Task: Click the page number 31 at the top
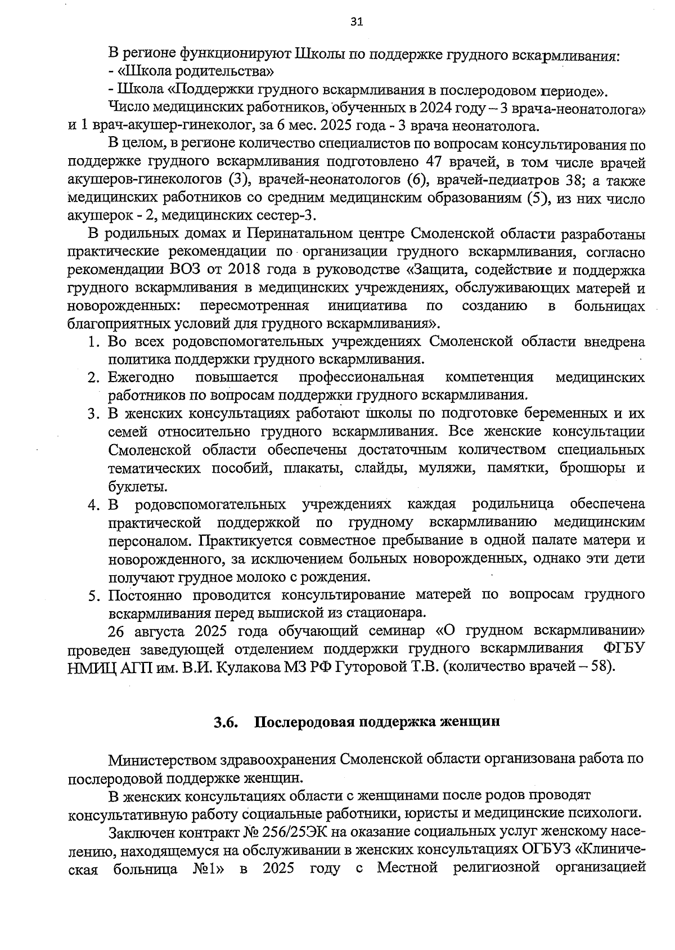tap(356, 21)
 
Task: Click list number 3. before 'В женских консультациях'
tap(94, 414)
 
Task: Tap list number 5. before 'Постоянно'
tap(94, 595)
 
